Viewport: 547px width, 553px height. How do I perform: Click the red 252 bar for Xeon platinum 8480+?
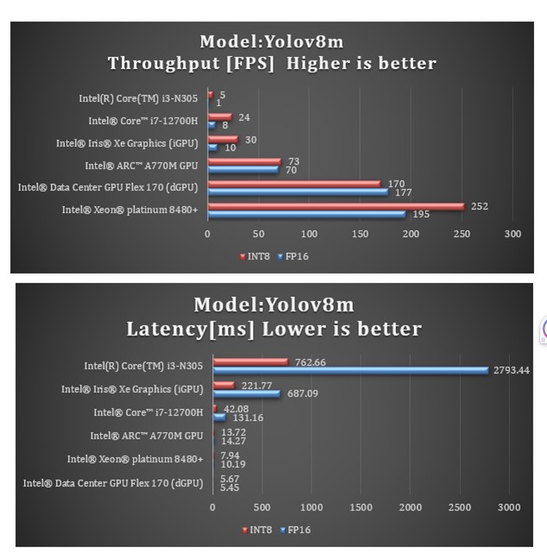336,206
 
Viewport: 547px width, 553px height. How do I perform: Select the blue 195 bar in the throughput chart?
306,214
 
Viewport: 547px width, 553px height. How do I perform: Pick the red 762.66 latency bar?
250,361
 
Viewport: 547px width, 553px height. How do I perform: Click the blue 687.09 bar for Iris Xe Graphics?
247,393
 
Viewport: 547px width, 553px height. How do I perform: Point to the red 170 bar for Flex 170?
293,183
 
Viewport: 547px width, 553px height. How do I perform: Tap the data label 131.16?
248,418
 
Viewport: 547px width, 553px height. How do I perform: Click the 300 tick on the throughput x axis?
513,234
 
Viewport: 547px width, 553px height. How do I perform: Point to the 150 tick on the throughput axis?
361,234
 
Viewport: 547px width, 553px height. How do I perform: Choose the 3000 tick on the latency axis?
509,507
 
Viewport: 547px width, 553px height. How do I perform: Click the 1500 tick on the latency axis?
361,507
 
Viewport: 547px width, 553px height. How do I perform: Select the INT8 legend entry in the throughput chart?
255,256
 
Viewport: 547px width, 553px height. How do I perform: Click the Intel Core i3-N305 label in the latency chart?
143,366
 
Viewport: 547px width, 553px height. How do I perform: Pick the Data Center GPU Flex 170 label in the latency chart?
113,483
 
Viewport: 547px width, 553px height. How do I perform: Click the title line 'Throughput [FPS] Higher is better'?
272,63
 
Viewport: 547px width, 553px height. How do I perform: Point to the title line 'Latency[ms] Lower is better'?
273,329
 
